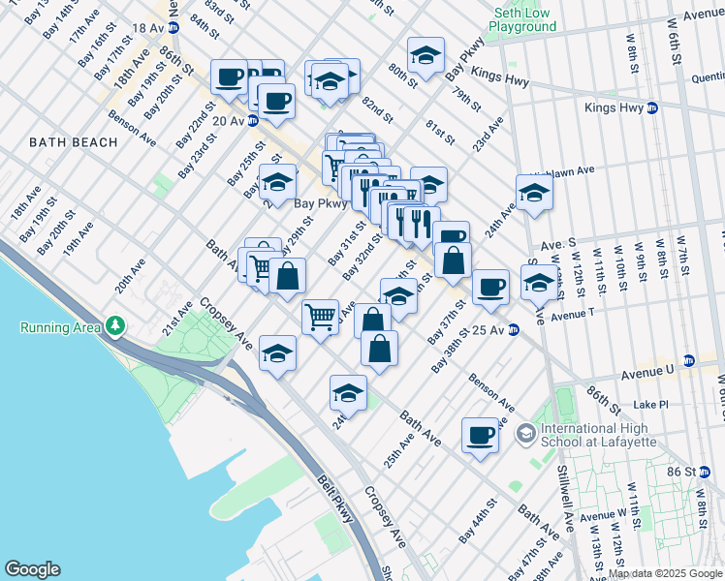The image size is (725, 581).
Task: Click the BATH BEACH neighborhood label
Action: (73, 142)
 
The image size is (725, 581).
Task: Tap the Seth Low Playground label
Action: (525, 21)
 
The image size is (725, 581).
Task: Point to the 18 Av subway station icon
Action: (174, 29)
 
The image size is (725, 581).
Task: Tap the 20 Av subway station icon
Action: (252, 121)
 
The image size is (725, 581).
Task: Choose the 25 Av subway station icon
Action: (515, 331)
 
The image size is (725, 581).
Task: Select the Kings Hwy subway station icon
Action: (652, 107)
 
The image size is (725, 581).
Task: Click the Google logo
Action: (31, 569)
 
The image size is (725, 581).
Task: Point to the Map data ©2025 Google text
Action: (665, 573)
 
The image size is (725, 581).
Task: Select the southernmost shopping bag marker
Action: (380, 349)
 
